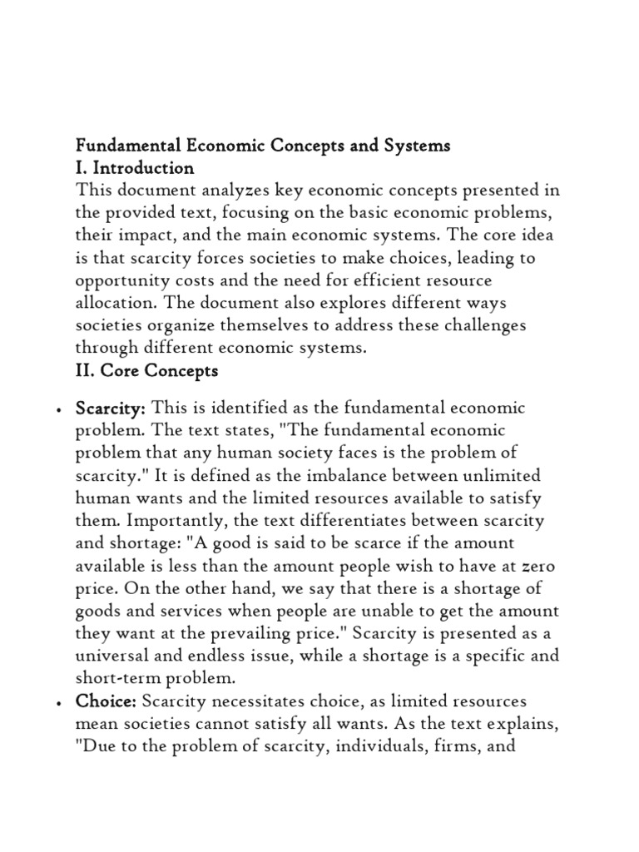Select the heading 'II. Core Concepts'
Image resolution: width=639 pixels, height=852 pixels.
(146, 371)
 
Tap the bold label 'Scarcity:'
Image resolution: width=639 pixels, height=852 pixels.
(111, 409)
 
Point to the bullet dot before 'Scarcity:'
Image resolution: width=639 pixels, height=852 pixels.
(56, 411)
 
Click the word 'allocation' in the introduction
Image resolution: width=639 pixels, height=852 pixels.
(113, 303)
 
